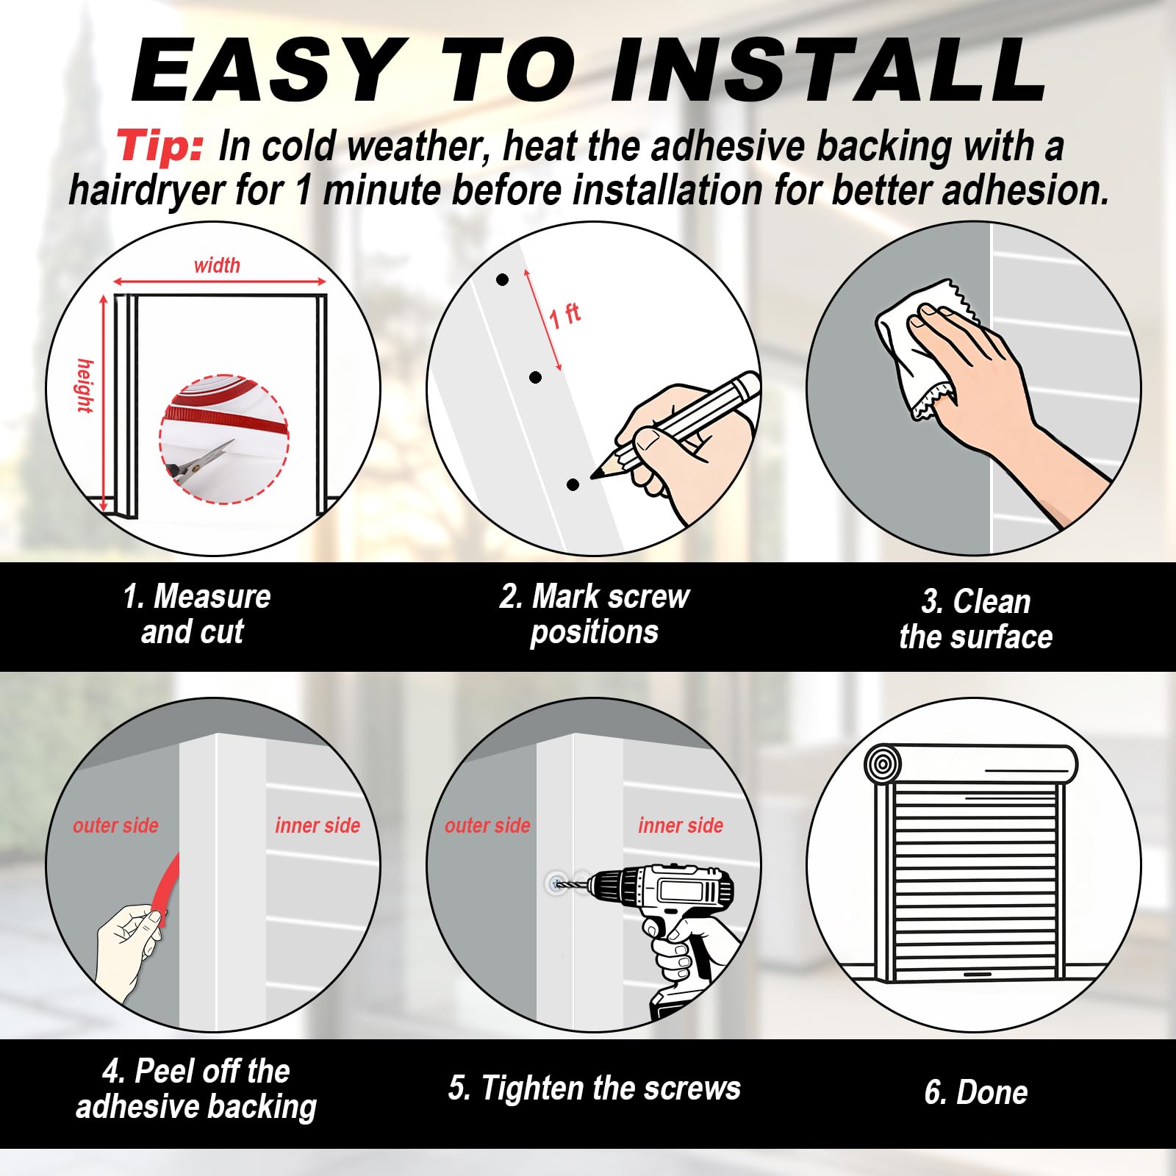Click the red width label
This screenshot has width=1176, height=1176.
(217, 265)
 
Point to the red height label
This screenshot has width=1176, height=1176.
(85, 386)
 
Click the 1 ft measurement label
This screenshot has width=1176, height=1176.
(564, 315)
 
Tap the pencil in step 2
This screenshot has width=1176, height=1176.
(676, 423)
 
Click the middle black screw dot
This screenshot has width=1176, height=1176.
(535, 378)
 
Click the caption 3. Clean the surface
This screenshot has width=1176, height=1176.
(975, 619)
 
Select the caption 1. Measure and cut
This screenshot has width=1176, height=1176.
(196, 614)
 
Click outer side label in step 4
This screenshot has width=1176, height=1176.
(115, 825)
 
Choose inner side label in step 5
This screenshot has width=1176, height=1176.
(681, 825)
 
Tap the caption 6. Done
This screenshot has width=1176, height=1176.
(975, 1092)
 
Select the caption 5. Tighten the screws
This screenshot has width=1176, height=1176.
(595, 1088)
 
